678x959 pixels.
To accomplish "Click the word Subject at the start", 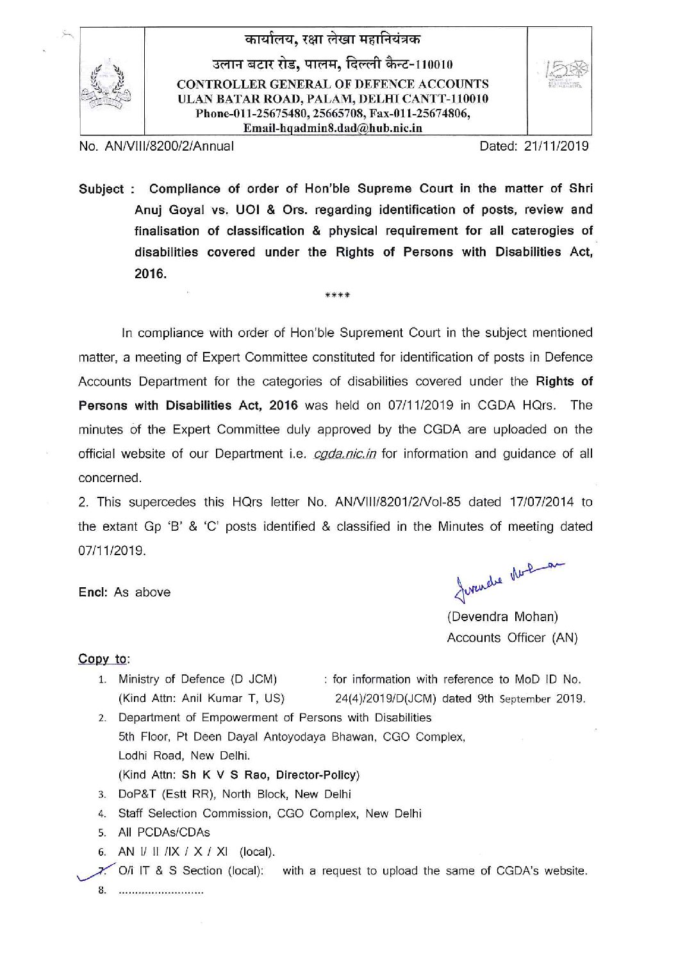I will [x=101, y=189].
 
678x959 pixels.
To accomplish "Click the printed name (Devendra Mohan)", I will [x=502, y=617].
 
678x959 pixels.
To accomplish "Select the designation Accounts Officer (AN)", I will [x=512, y=638].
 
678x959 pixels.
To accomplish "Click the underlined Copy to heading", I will [x=103, y=658].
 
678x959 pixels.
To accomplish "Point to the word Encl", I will [x=92, y=592].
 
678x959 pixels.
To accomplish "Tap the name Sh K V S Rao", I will [x=220, y=775].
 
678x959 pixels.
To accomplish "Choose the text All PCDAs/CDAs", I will [x=163, y=833].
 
